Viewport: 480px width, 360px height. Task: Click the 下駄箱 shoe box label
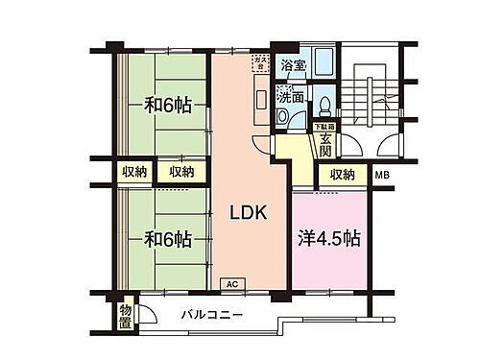point(324,123)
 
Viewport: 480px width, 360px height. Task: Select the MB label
point(382,174)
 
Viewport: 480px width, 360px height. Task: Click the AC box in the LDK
point(231,284)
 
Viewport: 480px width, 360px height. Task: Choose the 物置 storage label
point(126,315)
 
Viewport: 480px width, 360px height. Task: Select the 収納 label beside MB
point(343,175)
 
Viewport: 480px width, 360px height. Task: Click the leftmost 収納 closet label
point(133,172)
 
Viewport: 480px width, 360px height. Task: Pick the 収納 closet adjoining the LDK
point(182,172)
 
